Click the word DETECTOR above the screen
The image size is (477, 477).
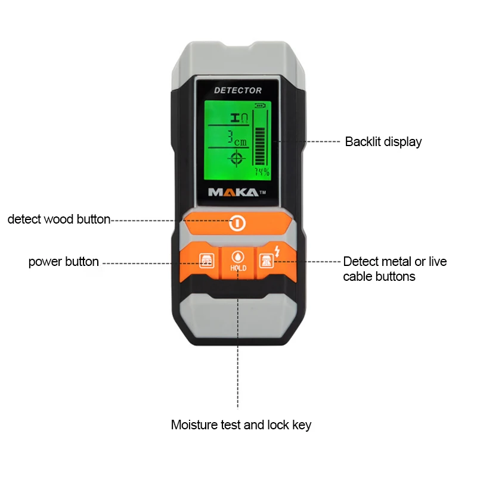(x=238, y=90)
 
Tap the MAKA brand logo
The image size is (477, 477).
(x=233, y=192)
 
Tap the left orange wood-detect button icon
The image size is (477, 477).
(x=205, y=262)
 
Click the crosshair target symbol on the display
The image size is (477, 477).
(x=237, y=158)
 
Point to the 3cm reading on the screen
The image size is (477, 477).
(x=237, y=139)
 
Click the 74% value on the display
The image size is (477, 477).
(x=262, y=172)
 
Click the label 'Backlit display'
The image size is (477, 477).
(x=383, y=142)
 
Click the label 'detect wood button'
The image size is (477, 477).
(x=59, y=219)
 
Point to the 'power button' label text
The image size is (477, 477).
(x=64, y=262)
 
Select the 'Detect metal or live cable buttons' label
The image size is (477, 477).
(x=394, y=269)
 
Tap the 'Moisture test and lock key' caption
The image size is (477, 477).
(x=241, y=425)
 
